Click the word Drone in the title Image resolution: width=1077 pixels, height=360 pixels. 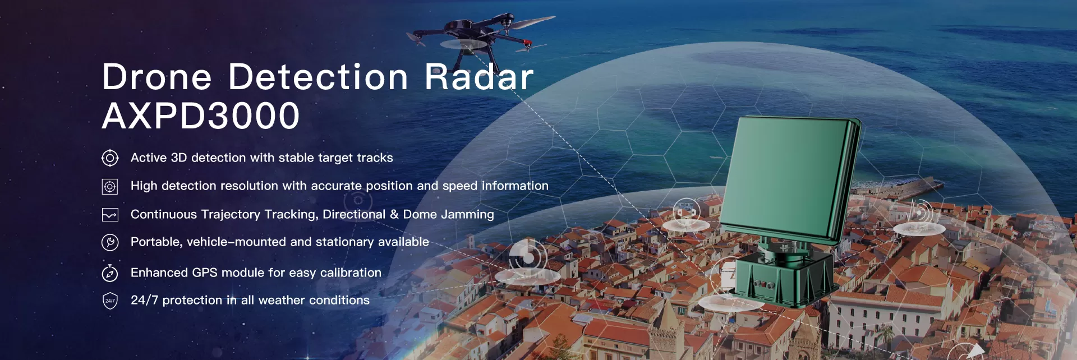pos(157,77)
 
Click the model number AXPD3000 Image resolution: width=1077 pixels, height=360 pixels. pos(201,116)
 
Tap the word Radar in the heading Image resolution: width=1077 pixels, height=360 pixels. pos(478,77)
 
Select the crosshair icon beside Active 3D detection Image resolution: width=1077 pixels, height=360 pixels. pos(110,158)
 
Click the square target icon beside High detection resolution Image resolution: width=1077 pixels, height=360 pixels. pos(110,187)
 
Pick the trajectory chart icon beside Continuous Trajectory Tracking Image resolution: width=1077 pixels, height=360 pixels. pos(110,215)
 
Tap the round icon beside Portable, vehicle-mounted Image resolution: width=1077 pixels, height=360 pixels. pos(110,242)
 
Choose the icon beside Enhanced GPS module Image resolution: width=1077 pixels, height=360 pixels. pos(110,273)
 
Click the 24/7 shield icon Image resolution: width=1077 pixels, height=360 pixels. pos(110,301)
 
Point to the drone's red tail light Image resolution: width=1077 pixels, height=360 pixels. pos(527,43)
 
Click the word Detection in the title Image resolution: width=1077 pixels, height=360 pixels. pos(318,77)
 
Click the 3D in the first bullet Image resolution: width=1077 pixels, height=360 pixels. pos(178,158)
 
